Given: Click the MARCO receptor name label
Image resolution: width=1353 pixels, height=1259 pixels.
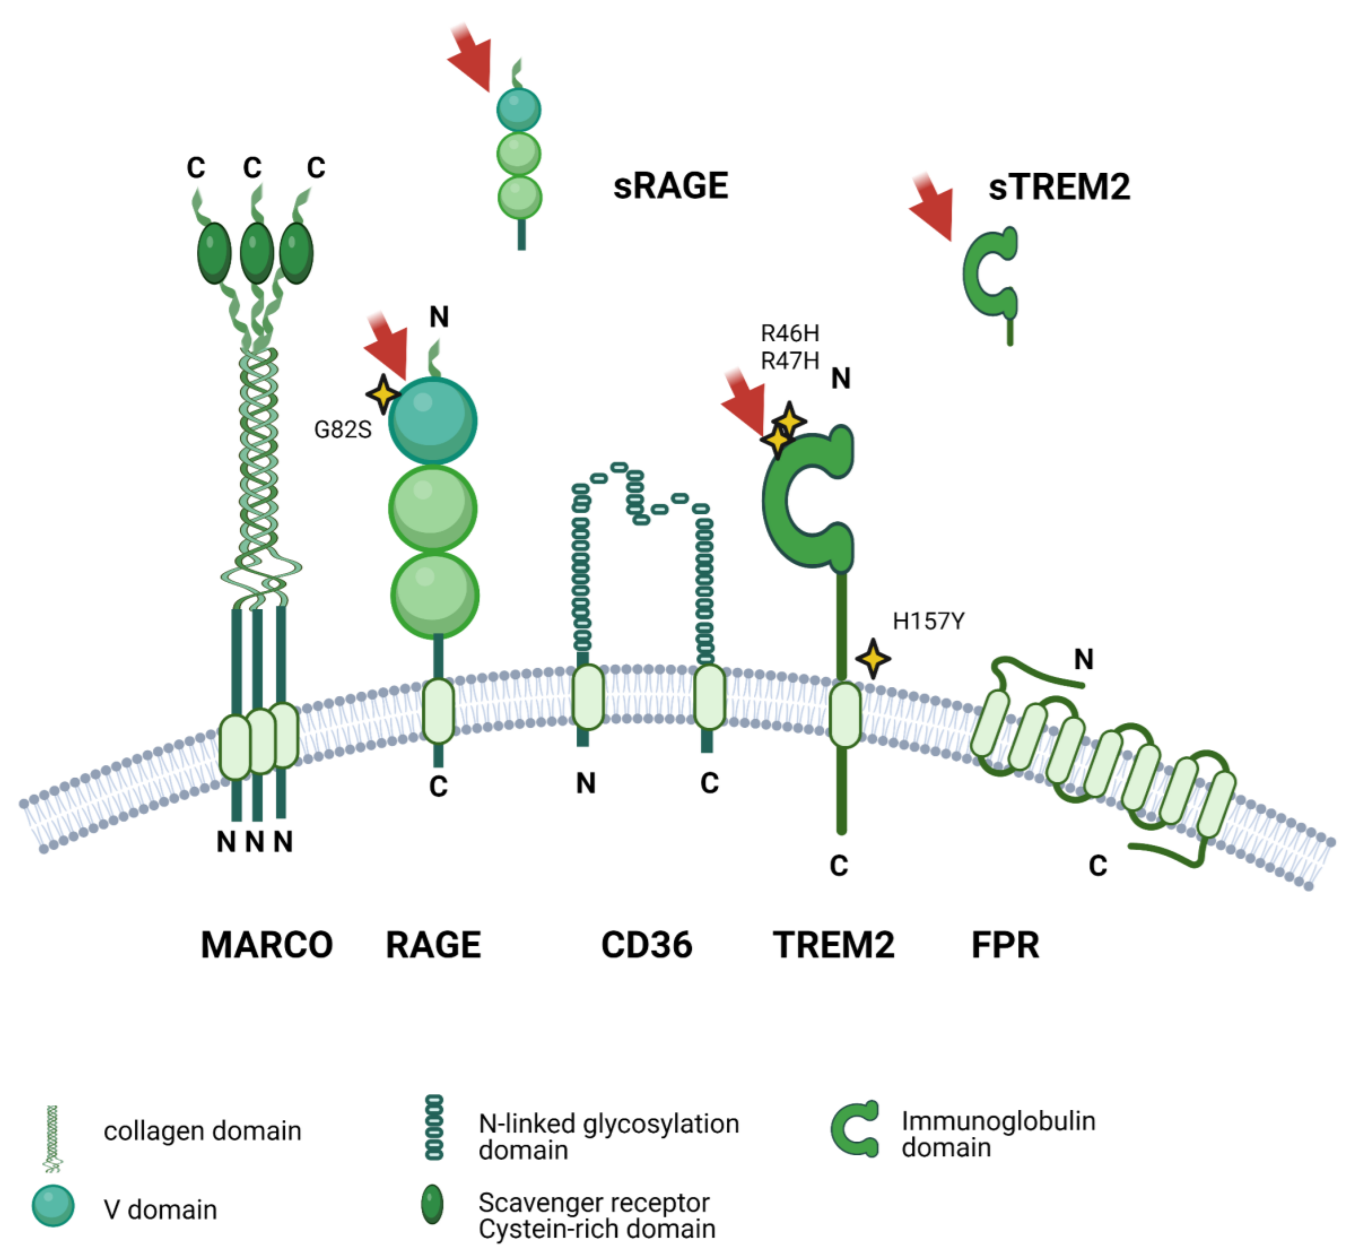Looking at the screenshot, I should (x=267, y=945).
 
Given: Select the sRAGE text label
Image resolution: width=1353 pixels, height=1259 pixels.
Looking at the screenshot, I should (x=670, y=186).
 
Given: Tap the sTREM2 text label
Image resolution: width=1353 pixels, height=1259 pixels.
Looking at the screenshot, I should (x=1059, y=187).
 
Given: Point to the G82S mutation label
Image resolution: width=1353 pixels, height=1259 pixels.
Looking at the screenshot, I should (x=342, y=430).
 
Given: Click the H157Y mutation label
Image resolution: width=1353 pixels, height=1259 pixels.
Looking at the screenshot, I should (x=928, y=621).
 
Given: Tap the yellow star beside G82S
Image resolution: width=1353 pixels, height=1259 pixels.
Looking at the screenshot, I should (x=383, y=393).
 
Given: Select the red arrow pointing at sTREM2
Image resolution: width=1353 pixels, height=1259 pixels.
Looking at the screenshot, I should (x=934, y=208).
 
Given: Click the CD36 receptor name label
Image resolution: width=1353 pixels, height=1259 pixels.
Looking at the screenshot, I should (x=646, y=945).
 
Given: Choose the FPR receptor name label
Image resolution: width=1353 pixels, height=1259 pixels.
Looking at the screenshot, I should (x=1005, y=945).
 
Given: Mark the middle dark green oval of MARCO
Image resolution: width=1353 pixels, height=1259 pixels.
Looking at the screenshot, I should (x=257, y=253).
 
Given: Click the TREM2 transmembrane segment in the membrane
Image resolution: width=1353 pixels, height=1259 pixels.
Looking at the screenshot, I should (x=845, y=715).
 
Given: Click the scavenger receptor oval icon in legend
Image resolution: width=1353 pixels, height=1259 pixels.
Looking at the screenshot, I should (x=432, y=1204).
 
